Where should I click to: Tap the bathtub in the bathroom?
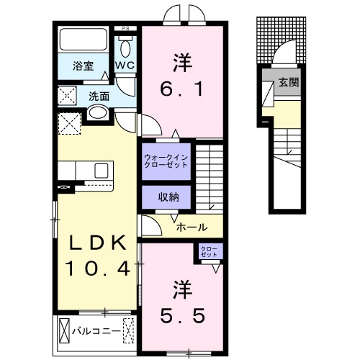point(82,40)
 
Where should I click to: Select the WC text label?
point(125,66)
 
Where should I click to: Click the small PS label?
point(126,30)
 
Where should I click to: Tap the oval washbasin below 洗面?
point(98,113)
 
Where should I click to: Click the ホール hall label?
point(192,227)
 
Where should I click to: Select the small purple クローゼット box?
point(210,251)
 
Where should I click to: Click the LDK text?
point(98,243)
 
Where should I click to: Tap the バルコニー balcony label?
point(95,332)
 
